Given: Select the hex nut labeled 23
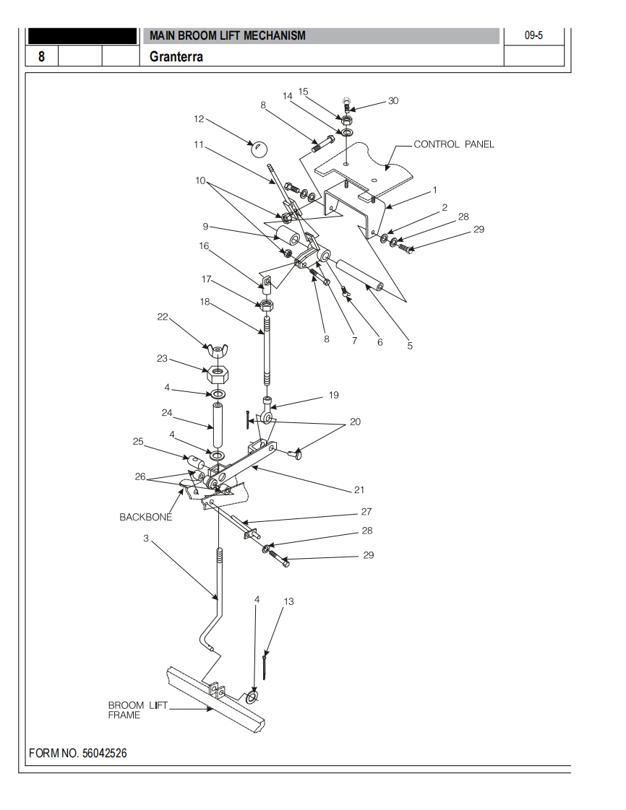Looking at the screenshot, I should [217, 375].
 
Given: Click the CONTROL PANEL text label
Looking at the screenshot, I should [454, 144].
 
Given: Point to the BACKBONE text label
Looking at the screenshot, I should [145, 517].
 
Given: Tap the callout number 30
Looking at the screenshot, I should [393, 101].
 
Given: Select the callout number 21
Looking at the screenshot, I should [359, 490].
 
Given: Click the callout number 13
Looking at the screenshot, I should [289, 601].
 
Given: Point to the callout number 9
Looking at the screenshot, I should [205, 227].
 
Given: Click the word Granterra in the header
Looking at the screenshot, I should [176, 56].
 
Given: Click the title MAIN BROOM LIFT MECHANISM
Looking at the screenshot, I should [227, 35].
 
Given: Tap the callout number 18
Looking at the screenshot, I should [205, 302].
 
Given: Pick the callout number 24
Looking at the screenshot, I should [167, 413].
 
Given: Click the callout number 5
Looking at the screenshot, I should [410, 346].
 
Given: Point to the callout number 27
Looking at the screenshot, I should [366, 512].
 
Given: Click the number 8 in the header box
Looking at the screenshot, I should [41, 56].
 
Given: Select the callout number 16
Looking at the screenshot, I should [204, 246].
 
